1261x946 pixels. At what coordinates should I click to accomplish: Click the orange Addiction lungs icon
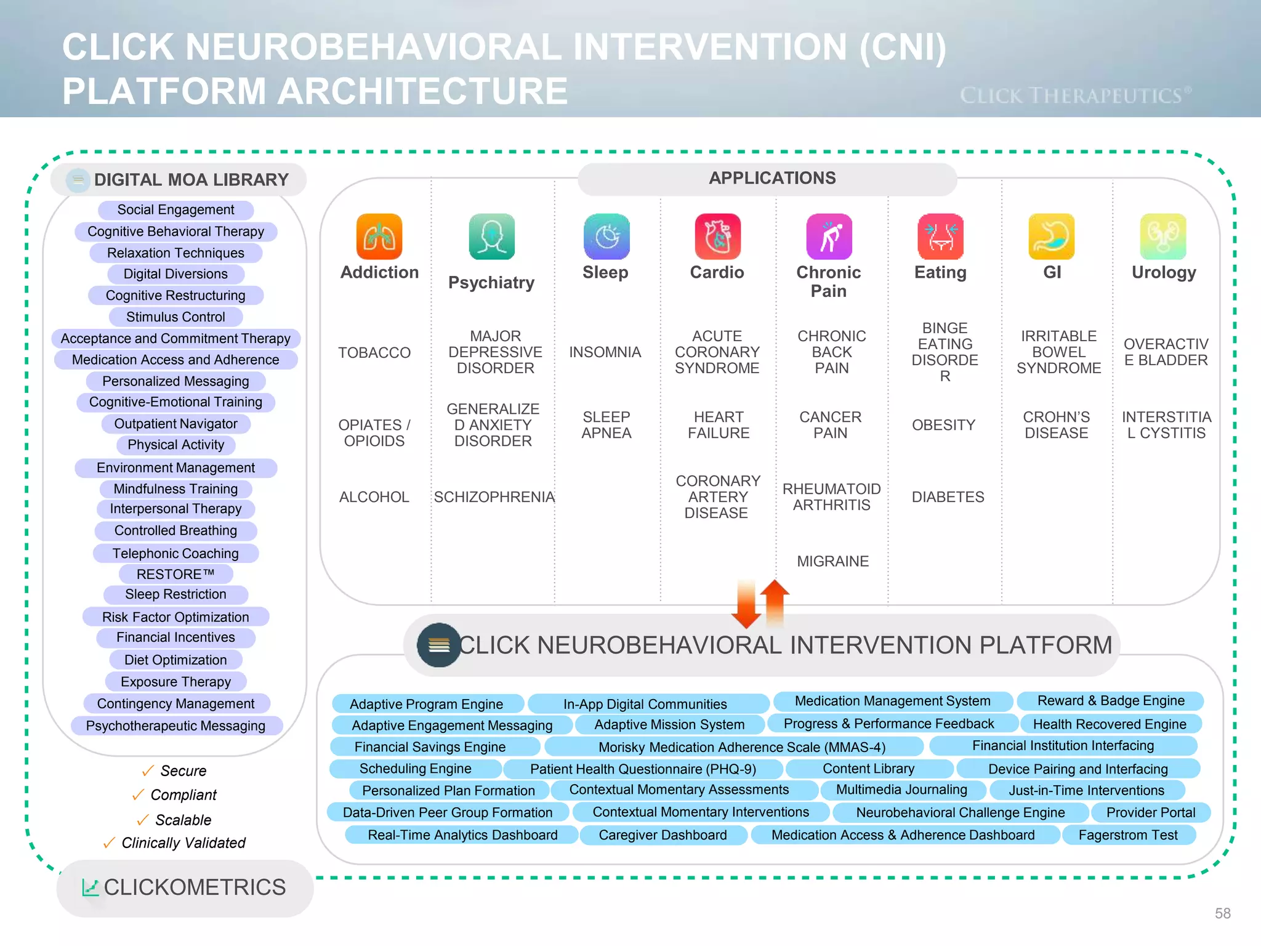[379, 236]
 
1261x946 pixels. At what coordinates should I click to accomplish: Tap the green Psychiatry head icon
[491, 236]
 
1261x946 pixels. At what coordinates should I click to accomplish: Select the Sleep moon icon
[606, 236]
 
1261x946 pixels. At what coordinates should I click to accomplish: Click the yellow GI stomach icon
[1051, 236]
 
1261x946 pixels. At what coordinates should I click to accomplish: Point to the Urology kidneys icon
[1162, 236]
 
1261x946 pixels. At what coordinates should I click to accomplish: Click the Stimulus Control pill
[175, 317]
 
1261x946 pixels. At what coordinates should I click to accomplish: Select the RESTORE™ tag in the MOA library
[175, 574]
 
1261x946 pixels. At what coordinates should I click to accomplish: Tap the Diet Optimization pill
[175, 660]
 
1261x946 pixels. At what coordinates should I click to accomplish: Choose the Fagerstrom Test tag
[1128, 835]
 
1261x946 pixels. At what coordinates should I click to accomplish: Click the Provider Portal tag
[1150, 812]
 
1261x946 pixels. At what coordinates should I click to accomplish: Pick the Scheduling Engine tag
[416, 769]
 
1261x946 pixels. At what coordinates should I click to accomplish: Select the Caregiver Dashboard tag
[663, 835]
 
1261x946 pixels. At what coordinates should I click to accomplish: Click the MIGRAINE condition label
[832, 561]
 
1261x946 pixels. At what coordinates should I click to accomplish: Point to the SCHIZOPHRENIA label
[494, 497]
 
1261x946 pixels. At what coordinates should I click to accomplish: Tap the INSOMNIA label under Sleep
[605, 352]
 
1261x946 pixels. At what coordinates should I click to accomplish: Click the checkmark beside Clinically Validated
[109, 843]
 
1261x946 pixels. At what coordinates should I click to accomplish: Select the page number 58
[1222, 913]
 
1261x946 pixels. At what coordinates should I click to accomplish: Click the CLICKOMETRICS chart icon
[90, 887]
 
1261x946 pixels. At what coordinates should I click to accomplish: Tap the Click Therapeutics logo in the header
[1075, 95]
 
